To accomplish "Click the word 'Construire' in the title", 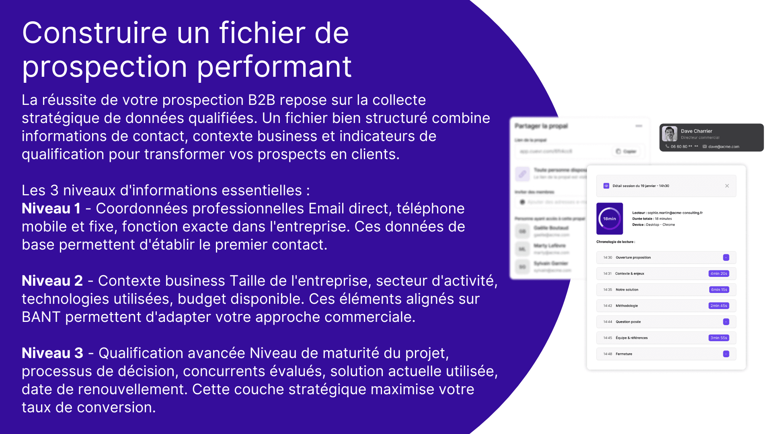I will coord(94,33).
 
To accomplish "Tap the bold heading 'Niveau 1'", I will coord(51,209).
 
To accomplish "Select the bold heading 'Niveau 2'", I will coord(52,281).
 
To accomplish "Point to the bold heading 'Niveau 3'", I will coord(52,353).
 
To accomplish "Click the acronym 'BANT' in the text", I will coord(41,317).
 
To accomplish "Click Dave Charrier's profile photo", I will coord(669,134).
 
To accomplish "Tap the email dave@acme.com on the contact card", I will coord(724,147).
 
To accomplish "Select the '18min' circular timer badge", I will coord(610,219).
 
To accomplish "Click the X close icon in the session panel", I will coord(727,186).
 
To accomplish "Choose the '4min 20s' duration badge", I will coord(719,274).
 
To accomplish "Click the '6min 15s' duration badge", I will coord(719,290).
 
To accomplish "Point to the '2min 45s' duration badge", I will coord(719,306).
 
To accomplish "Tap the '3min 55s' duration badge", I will coord(719,338).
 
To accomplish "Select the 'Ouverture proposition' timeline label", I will coord(633,258).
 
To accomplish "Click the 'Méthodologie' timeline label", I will coord(626,306).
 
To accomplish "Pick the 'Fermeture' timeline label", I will coord(624,354).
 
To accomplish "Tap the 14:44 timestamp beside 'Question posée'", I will coord(608,322).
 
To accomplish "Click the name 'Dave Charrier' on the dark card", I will coord(696,131).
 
